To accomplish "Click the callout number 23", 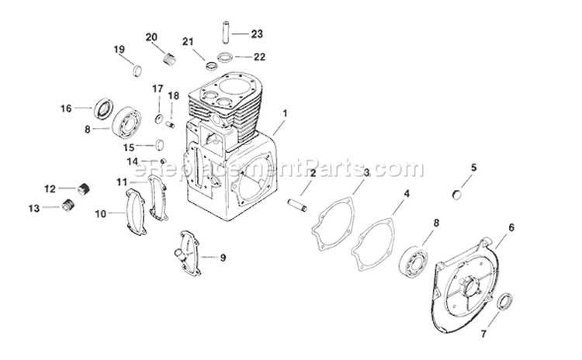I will [x=258, y=33].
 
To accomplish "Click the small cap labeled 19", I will [x=137, y=70].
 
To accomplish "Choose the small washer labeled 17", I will [x=159, y=119].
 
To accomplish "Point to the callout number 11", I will [x=122, y=182].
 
